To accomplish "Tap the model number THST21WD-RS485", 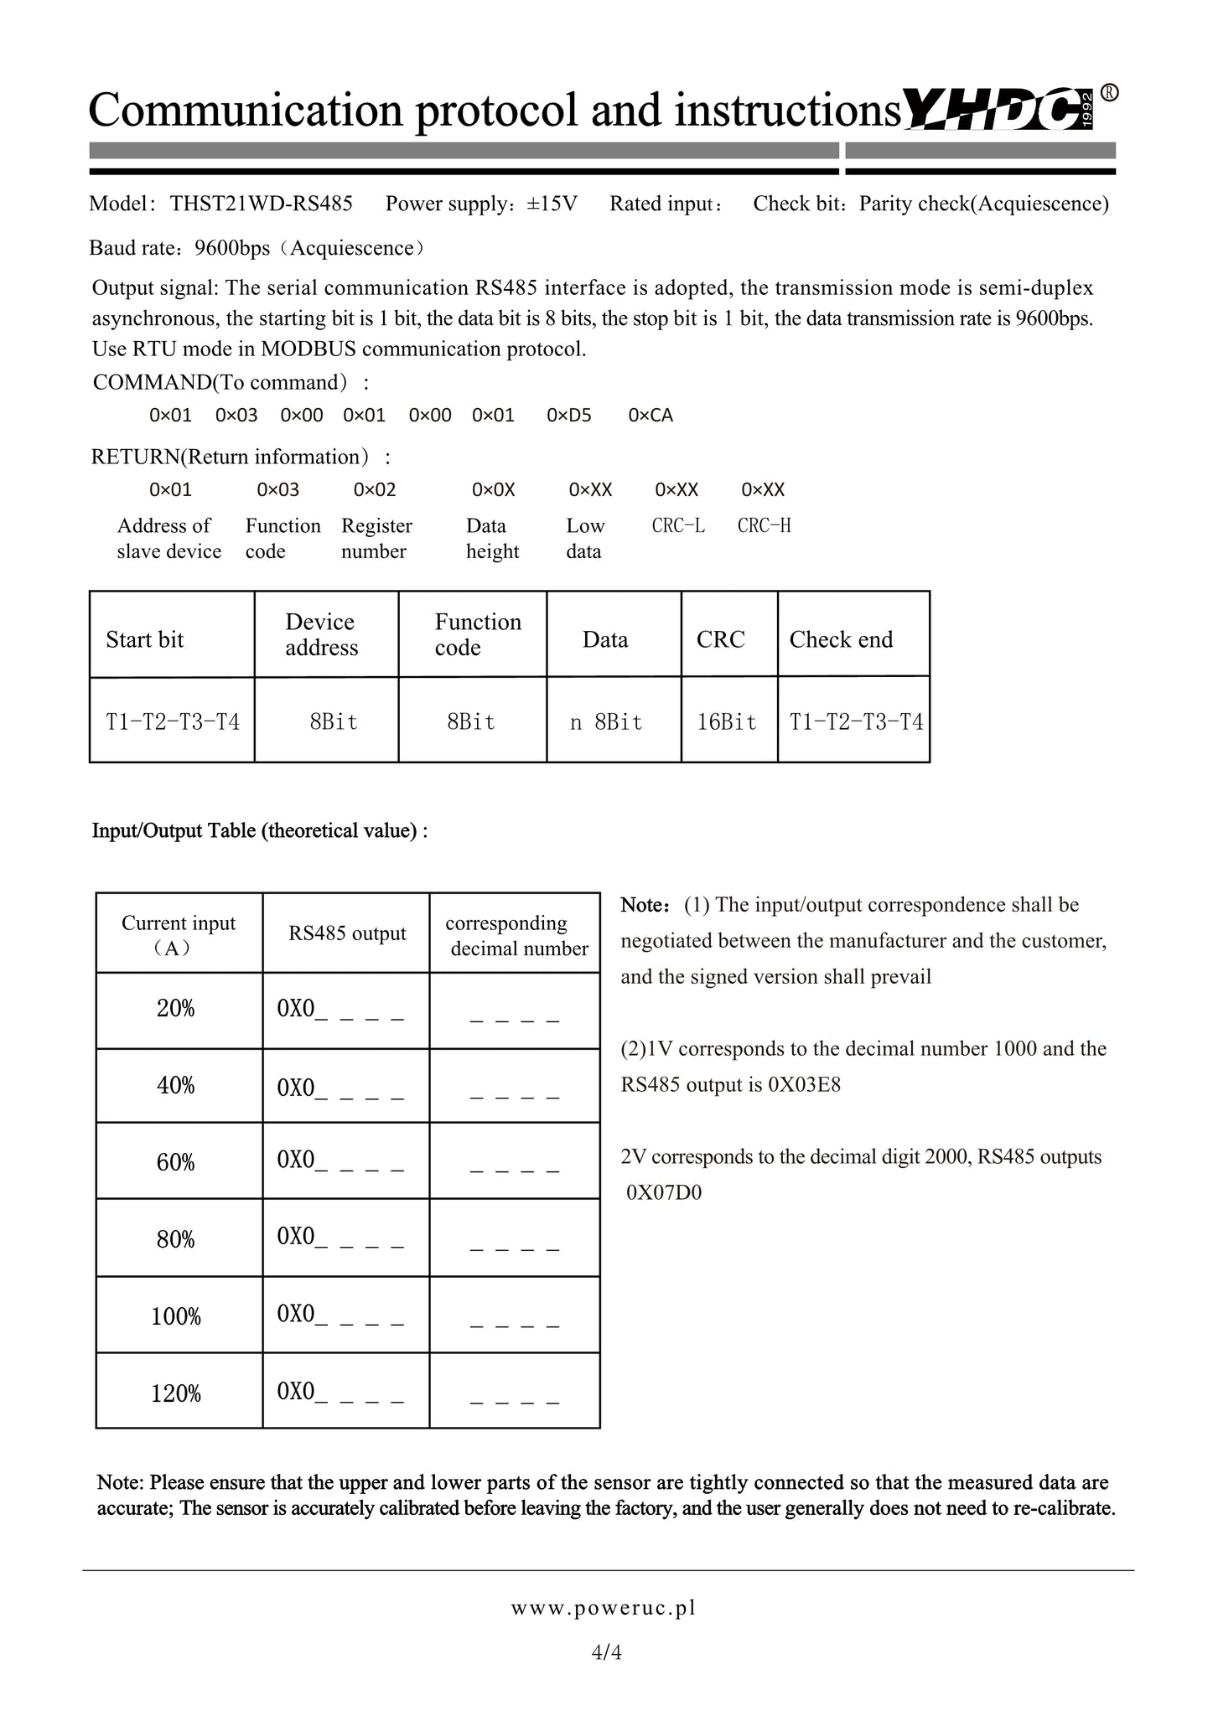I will point(261,204).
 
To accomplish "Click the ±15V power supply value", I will point(552,204).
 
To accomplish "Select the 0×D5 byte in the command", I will point(568,416).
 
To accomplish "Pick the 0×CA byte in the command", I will point(651,416).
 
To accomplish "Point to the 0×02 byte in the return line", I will point(375,490).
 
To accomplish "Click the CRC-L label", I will point(678,526).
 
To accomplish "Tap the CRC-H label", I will point(764,526).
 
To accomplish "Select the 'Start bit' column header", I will point(144,640).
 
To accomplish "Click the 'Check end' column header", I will point(841,640).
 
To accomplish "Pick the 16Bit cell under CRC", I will point(727,722).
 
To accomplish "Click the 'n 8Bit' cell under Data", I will point(606,722).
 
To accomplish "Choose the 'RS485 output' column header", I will point(347,933).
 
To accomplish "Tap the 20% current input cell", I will point(176,1009).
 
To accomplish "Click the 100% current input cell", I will point(176,1316).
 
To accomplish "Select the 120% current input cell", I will point(176,1393).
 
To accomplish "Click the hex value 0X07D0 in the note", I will point(664,1192).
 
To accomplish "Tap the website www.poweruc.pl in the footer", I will point(604,1608).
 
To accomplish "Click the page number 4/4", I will point(606,1652).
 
